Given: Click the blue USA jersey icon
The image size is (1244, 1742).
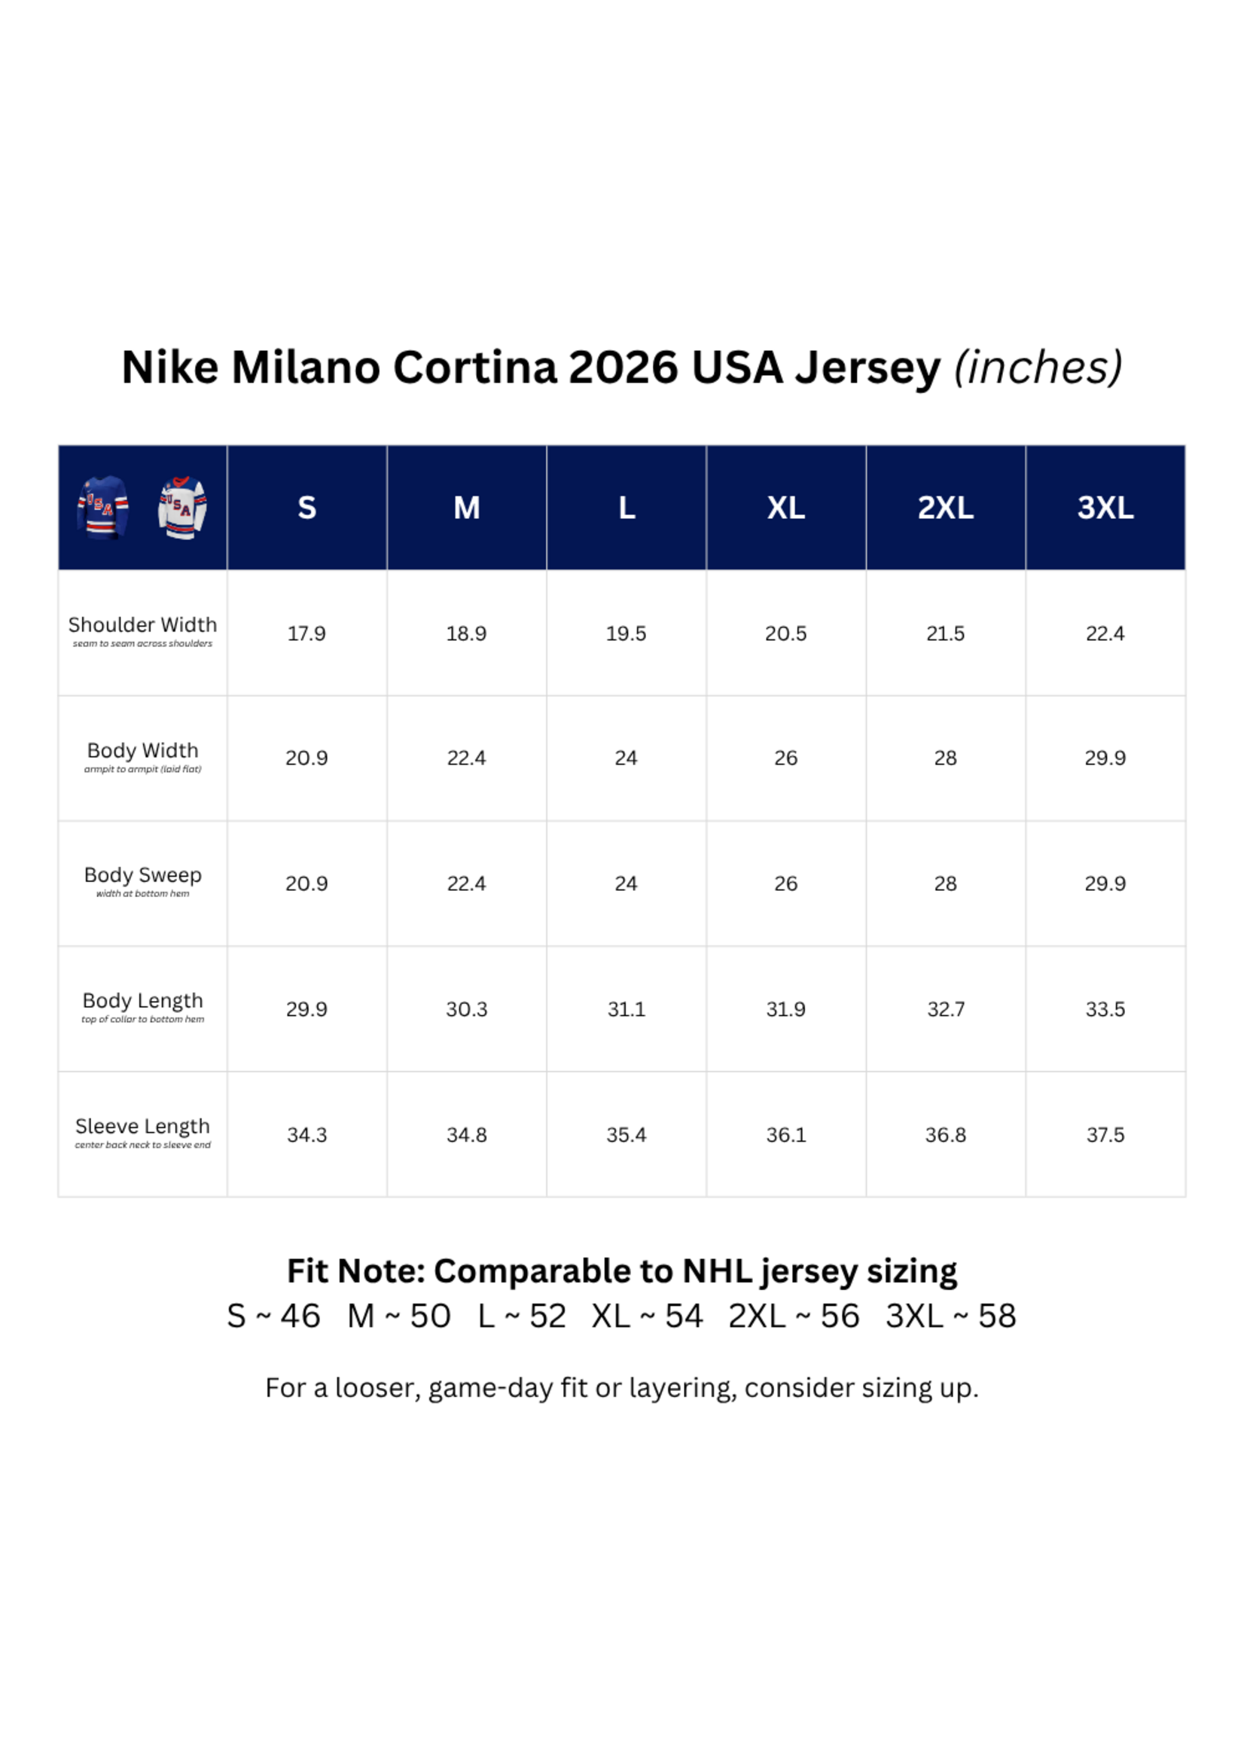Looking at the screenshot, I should click(x=102, y=507).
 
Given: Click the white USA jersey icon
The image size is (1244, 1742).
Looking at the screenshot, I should click(x=182, y=507).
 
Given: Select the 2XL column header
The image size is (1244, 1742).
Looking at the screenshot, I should click(x=945, y=508).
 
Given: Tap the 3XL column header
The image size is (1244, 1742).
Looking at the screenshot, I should click(x=1105, y=508).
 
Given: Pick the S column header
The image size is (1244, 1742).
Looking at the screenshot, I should click(x=306, y=508).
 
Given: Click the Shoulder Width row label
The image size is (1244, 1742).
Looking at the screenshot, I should click(x=142, y=625).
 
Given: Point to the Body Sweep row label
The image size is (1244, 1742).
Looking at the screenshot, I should click(x=142, y=875).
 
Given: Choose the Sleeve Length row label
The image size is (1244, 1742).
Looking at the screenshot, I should click(x=142, y=1126).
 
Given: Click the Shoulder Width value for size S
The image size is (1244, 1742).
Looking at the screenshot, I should click(x=306, y=633).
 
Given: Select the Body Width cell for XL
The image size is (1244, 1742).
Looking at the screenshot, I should click(x=786, y=758).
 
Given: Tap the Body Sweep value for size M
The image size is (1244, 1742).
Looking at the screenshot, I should click(x=467, y=884).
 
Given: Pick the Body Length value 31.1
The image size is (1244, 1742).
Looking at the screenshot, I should click(x=627, y=1010).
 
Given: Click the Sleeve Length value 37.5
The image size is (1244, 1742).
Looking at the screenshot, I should click(x=1105, y=1135).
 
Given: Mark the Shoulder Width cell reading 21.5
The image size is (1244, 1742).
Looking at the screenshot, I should click(x=945, y=633).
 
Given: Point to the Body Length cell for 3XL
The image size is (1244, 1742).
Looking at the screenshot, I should click(x=1105, y=1010).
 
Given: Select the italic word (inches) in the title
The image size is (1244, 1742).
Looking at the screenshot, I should click(x=1038, y=368).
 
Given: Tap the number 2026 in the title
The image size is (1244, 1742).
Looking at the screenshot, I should click(x=623, y=368).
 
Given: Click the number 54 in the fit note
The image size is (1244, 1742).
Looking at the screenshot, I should click(x=684, y=1316).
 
